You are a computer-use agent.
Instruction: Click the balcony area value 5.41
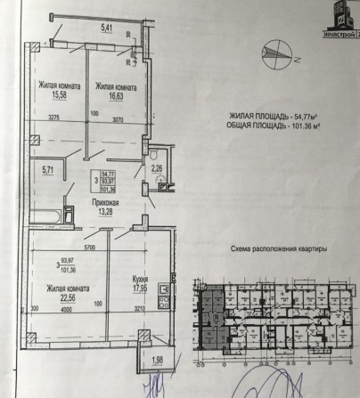(107, 28)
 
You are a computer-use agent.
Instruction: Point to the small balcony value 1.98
(157, 359)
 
